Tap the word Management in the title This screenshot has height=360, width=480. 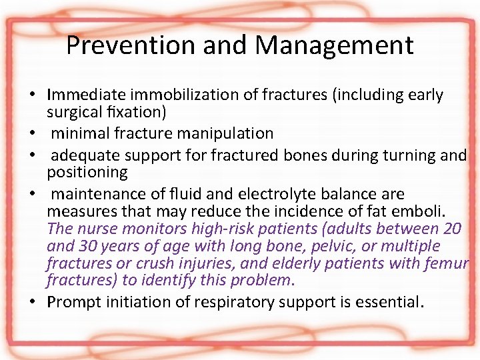click(334, 46)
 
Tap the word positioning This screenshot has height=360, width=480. click(87, 172)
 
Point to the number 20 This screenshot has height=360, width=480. click(452, 229)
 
